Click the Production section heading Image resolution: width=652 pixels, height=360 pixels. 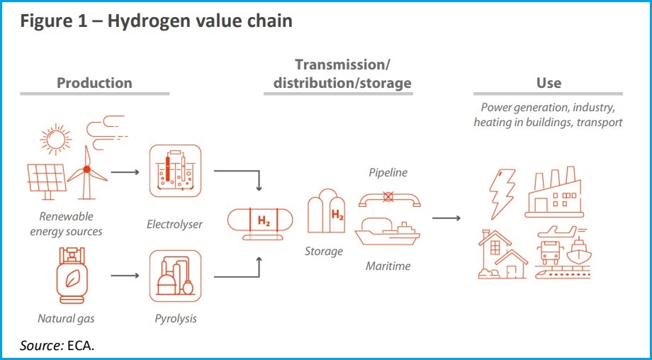pos(94,83)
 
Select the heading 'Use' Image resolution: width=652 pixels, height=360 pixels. pos(549,83)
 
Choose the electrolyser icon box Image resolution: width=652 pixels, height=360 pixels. pos(175,171)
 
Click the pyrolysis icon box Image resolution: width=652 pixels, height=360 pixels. pos(175,276)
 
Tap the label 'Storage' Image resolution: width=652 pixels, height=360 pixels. pos(323,251)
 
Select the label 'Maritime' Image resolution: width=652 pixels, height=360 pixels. pos(388,266)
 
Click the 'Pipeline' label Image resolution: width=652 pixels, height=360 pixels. pos(388,172)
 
